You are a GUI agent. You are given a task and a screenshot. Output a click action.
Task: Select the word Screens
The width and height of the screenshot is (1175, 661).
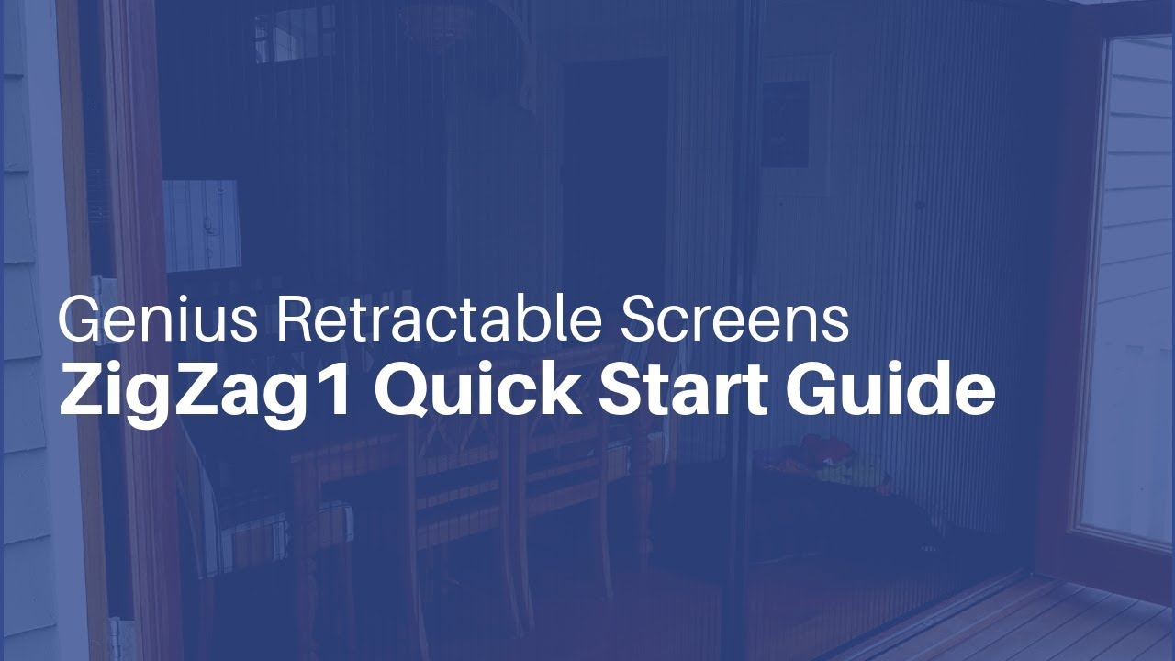click(734, 319)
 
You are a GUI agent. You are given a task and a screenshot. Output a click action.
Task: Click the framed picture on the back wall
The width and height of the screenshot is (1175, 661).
click(786, 124)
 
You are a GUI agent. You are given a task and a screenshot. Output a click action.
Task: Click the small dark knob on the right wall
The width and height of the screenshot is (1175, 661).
click(920, 205)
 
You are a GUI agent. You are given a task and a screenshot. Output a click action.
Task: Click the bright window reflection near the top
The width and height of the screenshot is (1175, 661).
click(285, 37)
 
